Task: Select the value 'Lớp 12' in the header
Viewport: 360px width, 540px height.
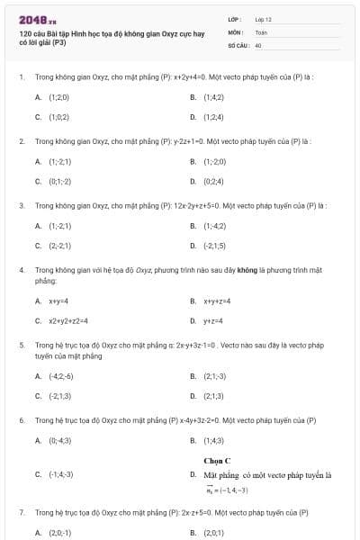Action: (263, 19)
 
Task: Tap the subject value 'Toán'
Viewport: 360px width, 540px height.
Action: (261, 31)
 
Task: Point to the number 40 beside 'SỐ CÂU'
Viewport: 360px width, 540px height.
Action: (258, 44)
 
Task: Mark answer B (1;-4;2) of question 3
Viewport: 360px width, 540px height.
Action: (214, 225)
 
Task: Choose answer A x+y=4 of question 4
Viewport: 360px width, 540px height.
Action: (58, 301)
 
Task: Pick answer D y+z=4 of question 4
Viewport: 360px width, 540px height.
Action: (212, 320)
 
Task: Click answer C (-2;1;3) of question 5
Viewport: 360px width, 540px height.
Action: (60, 395)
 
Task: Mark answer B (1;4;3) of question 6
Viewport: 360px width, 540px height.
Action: (213, 440)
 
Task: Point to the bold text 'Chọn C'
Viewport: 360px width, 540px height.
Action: (217, 460)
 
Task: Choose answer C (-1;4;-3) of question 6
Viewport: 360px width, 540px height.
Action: (61, 473)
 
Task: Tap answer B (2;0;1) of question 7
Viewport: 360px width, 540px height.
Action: (213, 533)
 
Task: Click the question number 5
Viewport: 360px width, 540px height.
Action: (22, 345)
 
